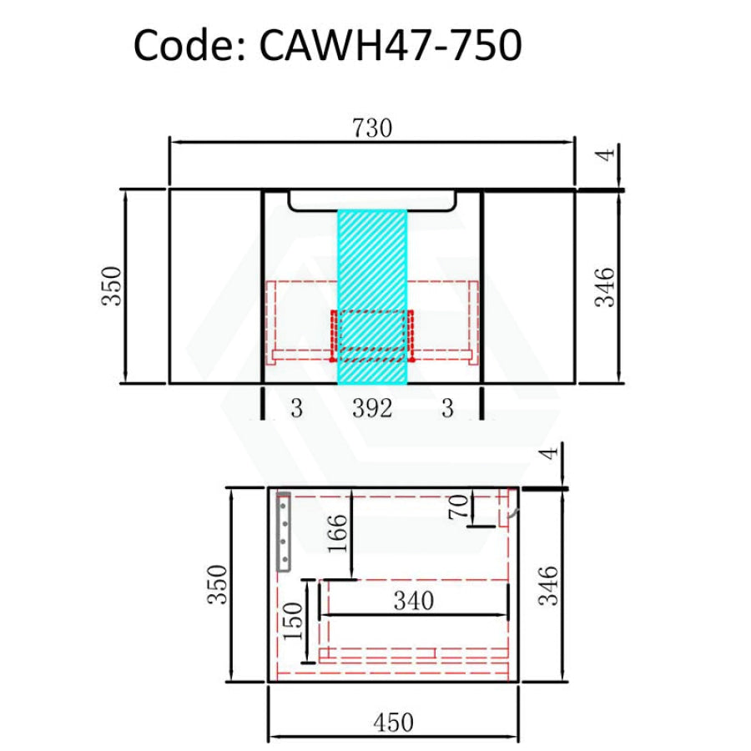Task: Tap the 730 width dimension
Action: (371, 129)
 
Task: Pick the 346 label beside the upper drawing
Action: (606, 286)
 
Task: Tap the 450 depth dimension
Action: (393, 723)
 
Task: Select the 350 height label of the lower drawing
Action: (216, 586)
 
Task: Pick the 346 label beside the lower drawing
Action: (549, 586)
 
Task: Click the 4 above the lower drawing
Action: (548, 454)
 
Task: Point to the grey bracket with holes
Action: (284, 532)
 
